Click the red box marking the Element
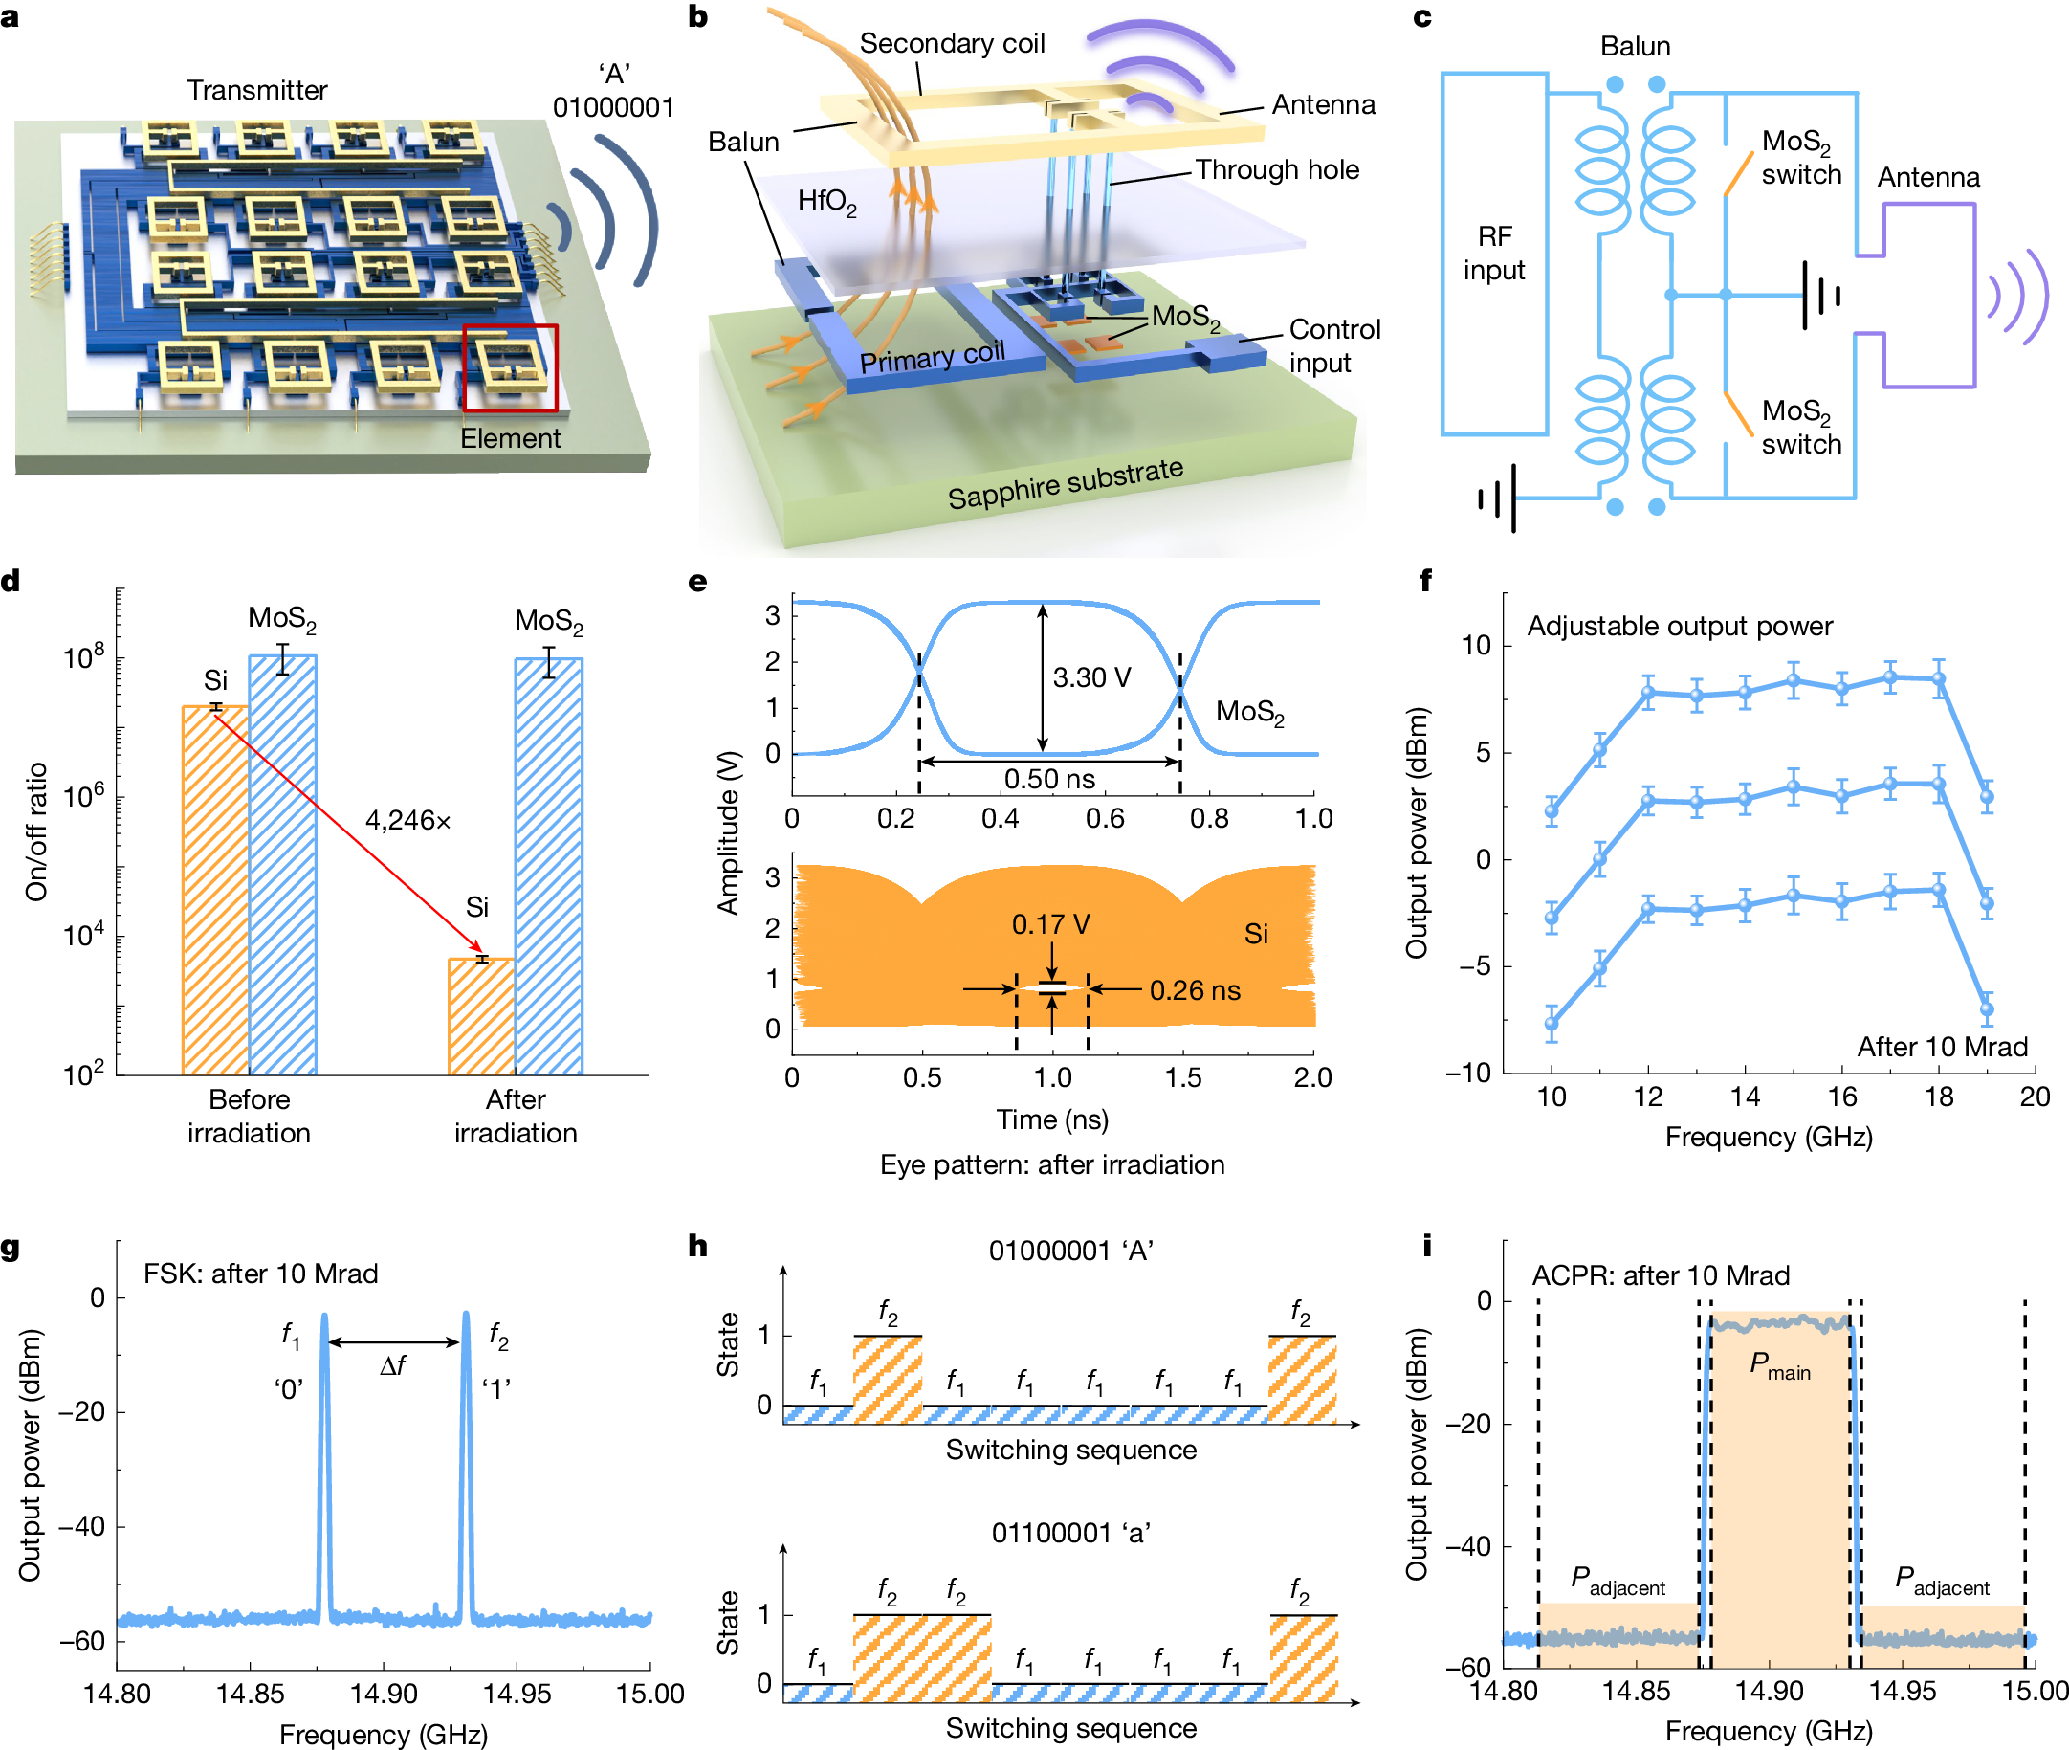click(510, 367)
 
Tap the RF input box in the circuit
click(1493, 253)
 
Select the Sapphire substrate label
click(1065, 483)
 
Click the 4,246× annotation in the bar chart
click(407, 820)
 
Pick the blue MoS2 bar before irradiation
click(283, 863)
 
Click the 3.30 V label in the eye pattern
click(1091, 677)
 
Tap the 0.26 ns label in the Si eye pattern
click(1194, 990)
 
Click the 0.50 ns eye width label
click(1049, 779)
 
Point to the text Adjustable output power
click(1678, 626)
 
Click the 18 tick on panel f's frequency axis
click(1938, 1097)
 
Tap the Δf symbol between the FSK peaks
click(393, 1366)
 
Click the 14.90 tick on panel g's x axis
click(384, 1694)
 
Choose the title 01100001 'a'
click(1070, 1533)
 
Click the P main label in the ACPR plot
click(1779, 1366)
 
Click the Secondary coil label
click(951, 44)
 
